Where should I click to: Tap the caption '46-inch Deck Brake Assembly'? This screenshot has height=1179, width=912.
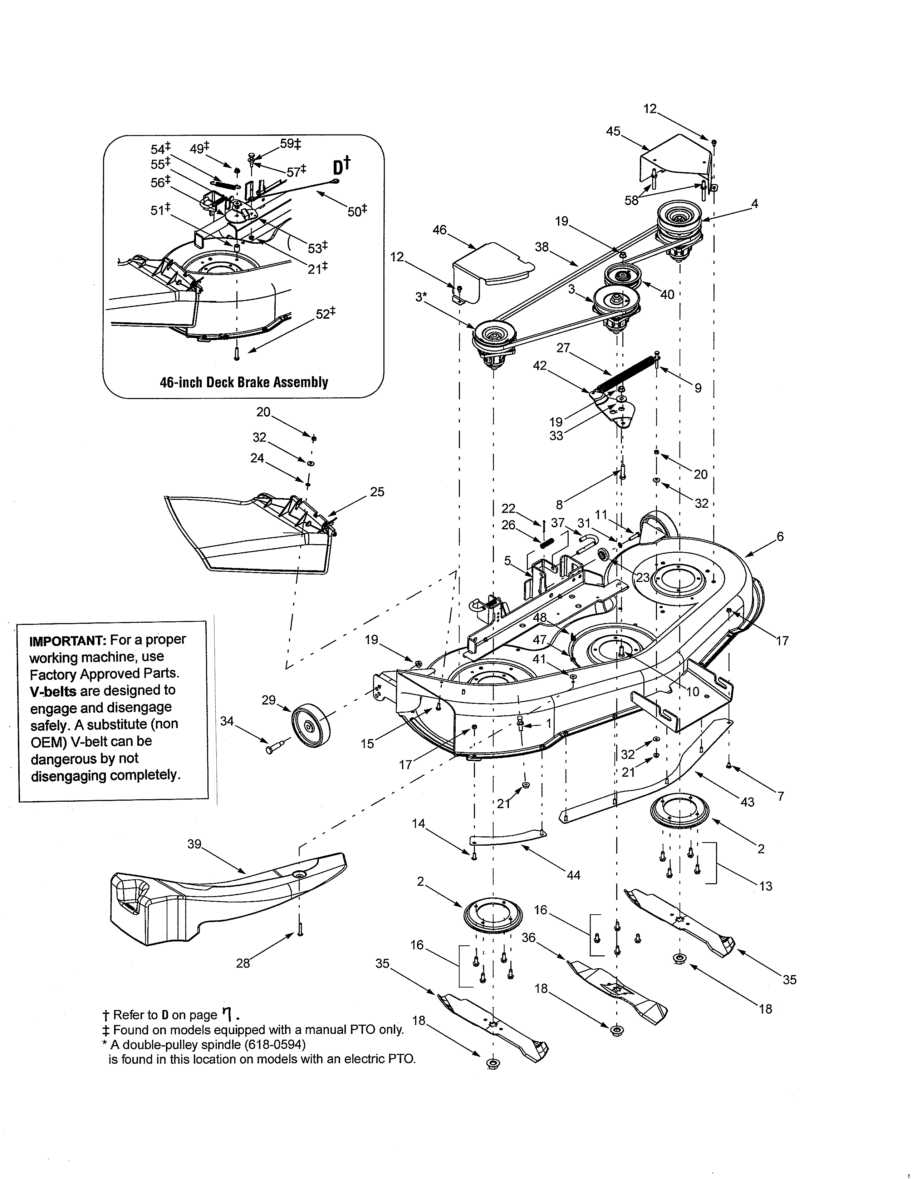point(244,382)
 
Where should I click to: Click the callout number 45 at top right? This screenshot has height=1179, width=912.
point(613,131)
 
